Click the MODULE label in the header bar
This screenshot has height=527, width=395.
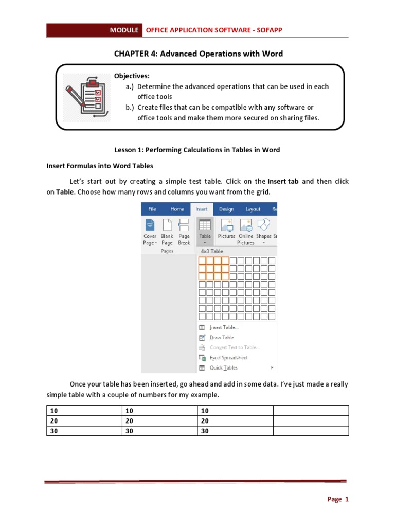point(124,30)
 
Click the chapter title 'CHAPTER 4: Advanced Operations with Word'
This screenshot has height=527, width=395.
point(197,54)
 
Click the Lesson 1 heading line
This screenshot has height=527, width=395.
point(197,150)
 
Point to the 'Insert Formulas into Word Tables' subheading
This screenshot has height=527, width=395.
point(100,166)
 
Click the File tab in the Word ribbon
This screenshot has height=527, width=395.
point(152,209)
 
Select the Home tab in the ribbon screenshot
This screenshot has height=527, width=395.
point(177,209)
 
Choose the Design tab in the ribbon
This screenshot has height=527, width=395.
point(226,209)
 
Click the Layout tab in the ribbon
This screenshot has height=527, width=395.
point(253,209)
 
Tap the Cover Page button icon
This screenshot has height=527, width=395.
point(150,225)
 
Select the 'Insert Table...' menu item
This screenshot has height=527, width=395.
point(224,327)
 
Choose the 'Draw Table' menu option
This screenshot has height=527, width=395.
point(222,338)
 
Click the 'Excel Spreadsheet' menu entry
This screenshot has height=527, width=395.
point(228,358)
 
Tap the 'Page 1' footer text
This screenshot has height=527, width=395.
point(338,499)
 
